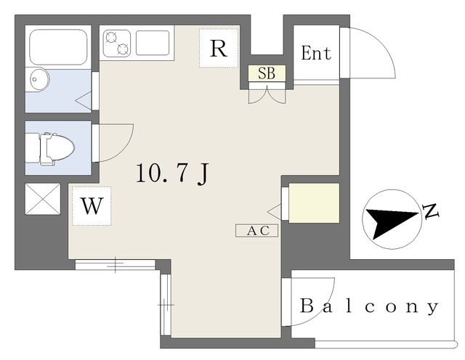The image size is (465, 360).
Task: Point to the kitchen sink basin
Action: [x=152, y=43]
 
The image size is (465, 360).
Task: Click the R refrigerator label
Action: [x=218, y=49]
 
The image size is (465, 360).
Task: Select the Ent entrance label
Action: [x=316, y=53]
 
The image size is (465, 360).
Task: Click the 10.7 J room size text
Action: [x=174, y=173]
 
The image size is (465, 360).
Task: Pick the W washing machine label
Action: [x=92, y=205]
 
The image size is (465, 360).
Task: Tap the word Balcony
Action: [x=369, y=306]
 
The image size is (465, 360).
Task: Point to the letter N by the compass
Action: [x=431, y=211]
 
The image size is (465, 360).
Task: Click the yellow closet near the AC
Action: [x=314, y=202]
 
